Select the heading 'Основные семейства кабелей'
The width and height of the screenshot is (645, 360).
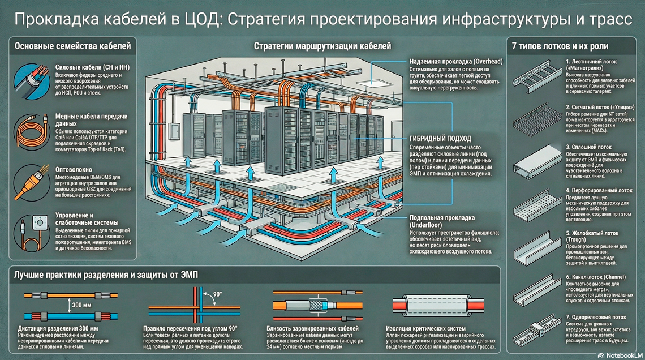coord(72,46)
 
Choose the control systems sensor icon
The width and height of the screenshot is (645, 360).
coord(29,229)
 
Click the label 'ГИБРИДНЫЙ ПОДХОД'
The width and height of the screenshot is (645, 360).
coord(440,138)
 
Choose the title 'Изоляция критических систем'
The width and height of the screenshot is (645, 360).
coord(425,329)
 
